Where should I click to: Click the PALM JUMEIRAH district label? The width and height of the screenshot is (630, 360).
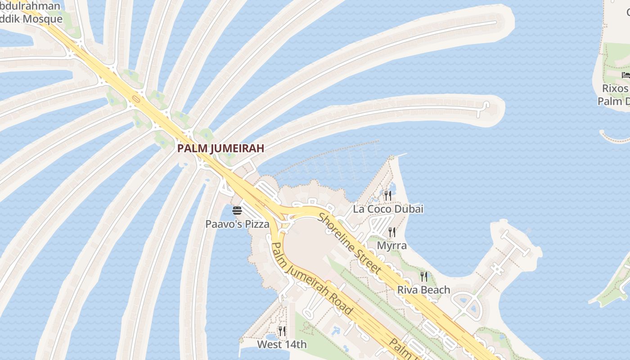tap(220, 148)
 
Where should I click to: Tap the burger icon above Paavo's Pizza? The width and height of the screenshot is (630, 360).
tap(237, 211)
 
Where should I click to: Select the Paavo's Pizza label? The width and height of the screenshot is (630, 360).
tap(237, 224)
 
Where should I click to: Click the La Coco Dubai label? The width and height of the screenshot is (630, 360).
tap(388, 209)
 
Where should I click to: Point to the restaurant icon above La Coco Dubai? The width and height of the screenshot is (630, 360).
tap(387, 195)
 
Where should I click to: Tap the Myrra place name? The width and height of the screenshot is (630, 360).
tap(391, 246)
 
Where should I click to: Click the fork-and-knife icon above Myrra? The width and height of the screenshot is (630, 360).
tap(392, 232)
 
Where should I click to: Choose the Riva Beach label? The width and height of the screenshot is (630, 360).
tap(423, 290)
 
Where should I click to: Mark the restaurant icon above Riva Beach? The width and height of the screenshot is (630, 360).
tap(423, 276)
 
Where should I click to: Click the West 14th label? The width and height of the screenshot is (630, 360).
tap(282, 345)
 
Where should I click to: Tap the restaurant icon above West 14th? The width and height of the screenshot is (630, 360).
tap(282, 331)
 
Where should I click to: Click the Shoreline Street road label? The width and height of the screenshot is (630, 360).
tap(350, 243)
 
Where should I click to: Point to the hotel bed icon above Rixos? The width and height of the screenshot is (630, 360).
tap(625, 75)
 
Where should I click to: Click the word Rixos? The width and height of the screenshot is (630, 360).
tap(615, 88)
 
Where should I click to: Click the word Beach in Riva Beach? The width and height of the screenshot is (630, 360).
tap(436, 290)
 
